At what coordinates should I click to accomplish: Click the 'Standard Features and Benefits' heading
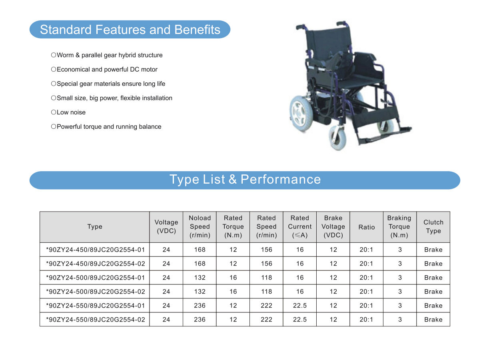point(130,30)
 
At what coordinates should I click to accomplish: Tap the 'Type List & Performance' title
point(245,180)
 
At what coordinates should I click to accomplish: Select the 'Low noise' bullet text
point(71,112)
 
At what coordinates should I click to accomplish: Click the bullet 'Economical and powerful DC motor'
point(107,70)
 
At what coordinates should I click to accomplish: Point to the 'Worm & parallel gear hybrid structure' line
point(110,55)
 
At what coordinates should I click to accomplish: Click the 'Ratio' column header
point(367,227)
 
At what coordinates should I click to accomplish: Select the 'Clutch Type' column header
point(433,226)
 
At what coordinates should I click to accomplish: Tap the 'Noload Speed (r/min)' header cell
point(200,226)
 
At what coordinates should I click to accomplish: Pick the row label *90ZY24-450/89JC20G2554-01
point(96,250)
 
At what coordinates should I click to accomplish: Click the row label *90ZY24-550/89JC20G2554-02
point(96,320)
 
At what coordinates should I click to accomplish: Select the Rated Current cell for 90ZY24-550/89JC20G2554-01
point(300,306)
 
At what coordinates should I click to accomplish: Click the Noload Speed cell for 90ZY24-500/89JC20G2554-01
point(200,278)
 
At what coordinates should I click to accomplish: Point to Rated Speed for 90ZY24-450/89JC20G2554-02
point(267,264)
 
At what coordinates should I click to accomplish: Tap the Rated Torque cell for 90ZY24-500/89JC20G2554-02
point(233,292)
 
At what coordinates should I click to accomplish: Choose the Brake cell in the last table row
point(433,320)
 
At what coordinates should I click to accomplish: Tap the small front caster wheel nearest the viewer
point(337,138)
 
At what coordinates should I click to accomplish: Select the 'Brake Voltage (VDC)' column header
point(333,226)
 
